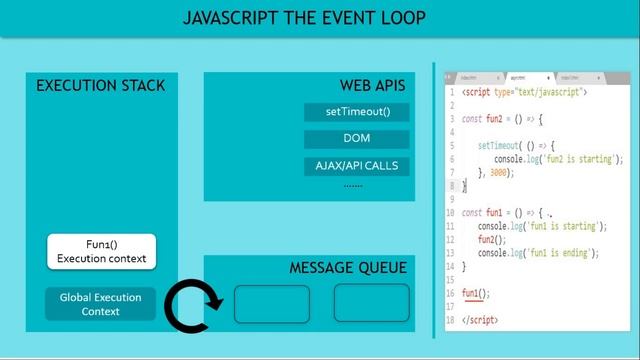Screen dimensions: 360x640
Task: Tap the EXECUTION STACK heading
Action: (100, 86)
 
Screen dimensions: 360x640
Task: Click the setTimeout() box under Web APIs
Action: (357, 112)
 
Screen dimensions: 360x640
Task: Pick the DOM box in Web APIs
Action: (357, 139)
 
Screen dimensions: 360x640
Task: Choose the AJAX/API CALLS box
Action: (357, 165)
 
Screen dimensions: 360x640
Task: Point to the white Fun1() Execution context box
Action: (101, 251)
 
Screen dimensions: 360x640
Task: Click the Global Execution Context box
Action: (101, 304)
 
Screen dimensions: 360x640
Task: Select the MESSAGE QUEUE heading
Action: (347, 268)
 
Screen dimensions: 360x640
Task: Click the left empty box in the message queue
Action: (271, 303)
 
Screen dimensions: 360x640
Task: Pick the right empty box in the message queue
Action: (371, 303)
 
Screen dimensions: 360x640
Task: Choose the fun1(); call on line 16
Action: (476, 293)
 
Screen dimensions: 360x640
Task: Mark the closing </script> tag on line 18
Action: (479, 320)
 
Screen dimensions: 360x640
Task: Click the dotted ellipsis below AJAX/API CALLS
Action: (353, 185)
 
